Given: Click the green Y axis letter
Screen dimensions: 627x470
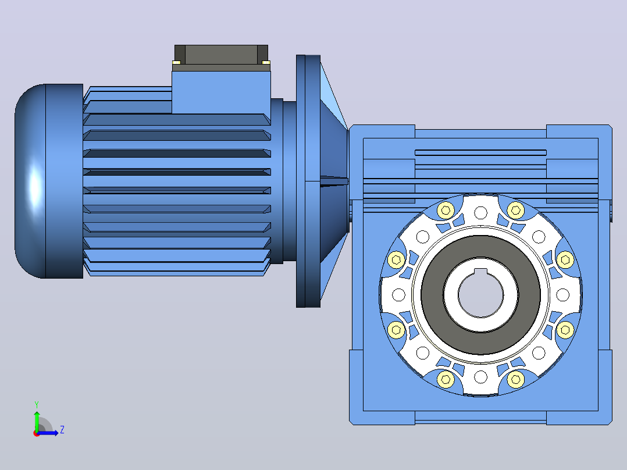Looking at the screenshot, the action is coord(37,404).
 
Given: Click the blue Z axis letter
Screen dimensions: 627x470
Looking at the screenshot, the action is coord(62,430).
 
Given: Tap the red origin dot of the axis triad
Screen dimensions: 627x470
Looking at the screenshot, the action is coord(37,433).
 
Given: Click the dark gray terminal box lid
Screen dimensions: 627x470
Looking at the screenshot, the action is coord(221,55).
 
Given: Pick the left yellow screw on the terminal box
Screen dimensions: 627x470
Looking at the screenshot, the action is coord(176,62).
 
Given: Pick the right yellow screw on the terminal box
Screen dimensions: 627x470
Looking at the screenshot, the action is coord(266,62).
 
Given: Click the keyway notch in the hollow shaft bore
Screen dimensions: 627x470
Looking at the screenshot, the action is coord(480,272).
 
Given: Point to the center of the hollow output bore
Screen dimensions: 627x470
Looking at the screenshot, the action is coord(480,294).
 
